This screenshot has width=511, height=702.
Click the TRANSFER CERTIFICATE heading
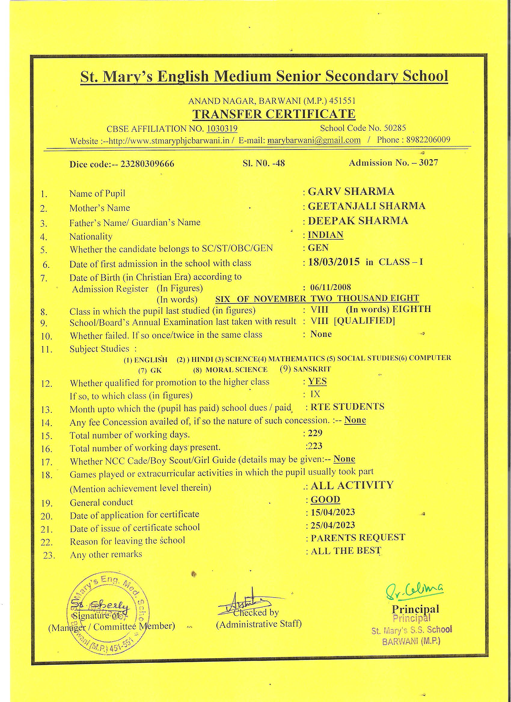[x=274, y=114]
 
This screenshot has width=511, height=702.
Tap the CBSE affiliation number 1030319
[x=222, y=129]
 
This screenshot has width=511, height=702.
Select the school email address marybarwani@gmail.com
[x=314, y=140]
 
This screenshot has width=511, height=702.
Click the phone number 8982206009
[x=428, y=140]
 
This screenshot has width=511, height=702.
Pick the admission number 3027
[x=428, y=163]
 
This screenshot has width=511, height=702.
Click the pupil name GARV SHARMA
[x=351, y=192]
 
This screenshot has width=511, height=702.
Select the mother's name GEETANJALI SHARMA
[x=367, y=206]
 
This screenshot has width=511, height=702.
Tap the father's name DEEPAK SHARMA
[x=358, y=221]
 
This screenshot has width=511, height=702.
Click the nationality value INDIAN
[x=325, y=235]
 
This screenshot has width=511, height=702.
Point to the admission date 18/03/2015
[x=334, y=262]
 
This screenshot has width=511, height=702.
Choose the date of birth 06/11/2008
[x=331, y=287]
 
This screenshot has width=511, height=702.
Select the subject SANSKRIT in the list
[x=312, y=369]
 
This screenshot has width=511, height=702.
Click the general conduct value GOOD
[x=325, y=500]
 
